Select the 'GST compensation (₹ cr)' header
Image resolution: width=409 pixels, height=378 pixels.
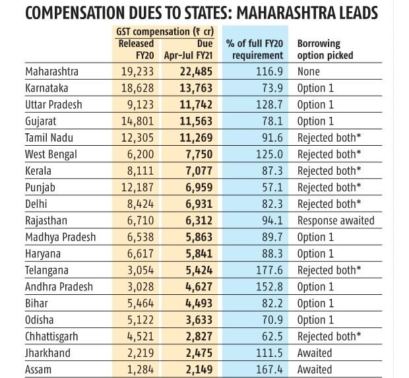click(x=164, y=32)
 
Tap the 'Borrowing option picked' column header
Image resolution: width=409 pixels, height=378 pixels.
click(x=325, y=49)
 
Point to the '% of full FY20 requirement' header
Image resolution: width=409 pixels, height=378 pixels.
click(x=255, y=49)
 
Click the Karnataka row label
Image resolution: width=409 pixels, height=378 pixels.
click(x=49, y=88)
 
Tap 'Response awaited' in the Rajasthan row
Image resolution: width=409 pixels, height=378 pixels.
click(x=336, y=220)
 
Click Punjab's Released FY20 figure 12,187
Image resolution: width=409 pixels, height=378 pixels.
click(x=137, y=187)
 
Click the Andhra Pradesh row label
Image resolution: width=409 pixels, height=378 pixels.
click(x=60, y=286)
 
